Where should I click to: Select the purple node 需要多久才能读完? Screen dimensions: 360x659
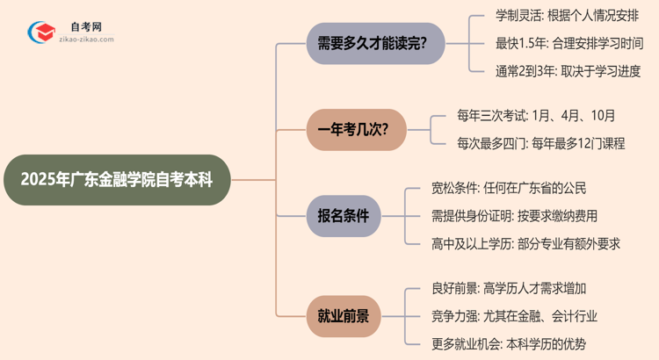tap(374, 43)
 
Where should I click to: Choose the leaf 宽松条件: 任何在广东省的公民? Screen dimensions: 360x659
tap(509, 189)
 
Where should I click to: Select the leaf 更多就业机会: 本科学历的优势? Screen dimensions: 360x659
tap(509, 343)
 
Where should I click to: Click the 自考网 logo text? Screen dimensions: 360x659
tap(85, 27)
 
